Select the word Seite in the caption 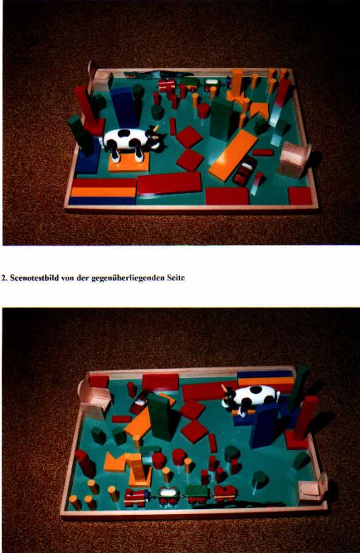pos(176,278)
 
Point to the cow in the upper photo pos(133,142)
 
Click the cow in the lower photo pos(250,398)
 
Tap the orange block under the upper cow pos(129,163)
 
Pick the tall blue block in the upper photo pos(124,107)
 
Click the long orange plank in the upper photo pos(233,155)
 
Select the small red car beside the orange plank pos(244,171)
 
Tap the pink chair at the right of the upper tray pos(294,159)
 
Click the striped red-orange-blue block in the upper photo pos(103,192)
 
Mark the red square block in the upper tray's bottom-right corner pos(300,196)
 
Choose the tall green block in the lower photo pos(162,417)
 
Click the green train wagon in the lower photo pos(198,494)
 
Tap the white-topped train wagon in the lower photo pos(169,495)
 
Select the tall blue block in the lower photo pos(264,425)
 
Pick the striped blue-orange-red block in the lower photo pos(265,381)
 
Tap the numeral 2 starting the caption pos(4,278)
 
